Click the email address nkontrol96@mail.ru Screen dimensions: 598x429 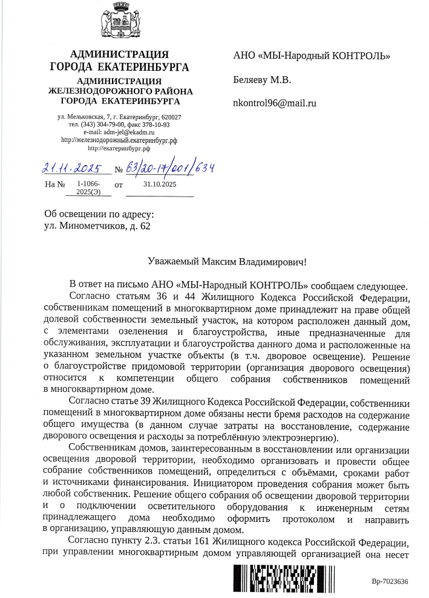275,103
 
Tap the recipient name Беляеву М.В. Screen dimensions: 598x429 262,80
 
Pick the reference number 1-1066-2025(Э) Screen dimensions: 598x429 88,187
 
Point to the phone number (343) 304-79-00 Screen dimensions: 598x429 103,125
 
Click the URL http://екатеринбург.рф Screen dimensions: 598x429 119,147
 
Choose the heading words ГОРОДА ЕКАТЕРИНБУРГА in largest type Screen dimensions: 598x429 119,67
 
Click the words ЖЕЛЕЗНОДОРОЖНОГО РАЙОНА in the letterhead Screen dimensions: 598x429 120,91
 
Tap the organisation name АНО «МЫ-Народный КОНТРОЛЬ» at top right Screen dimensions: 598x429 311,56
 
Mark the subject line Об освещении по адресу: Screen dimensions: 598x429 99,214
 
